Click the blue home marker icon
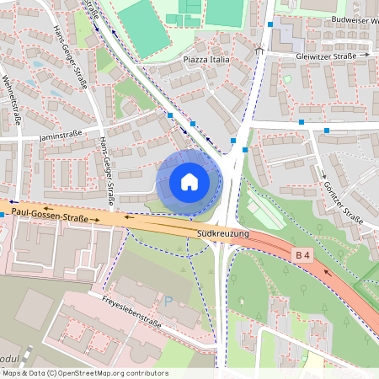189,181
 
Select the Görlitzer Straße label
342,203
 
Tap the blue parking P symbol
168,301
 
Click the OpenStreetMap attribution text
84,373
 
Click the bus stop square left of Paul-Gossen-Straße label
3,215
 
